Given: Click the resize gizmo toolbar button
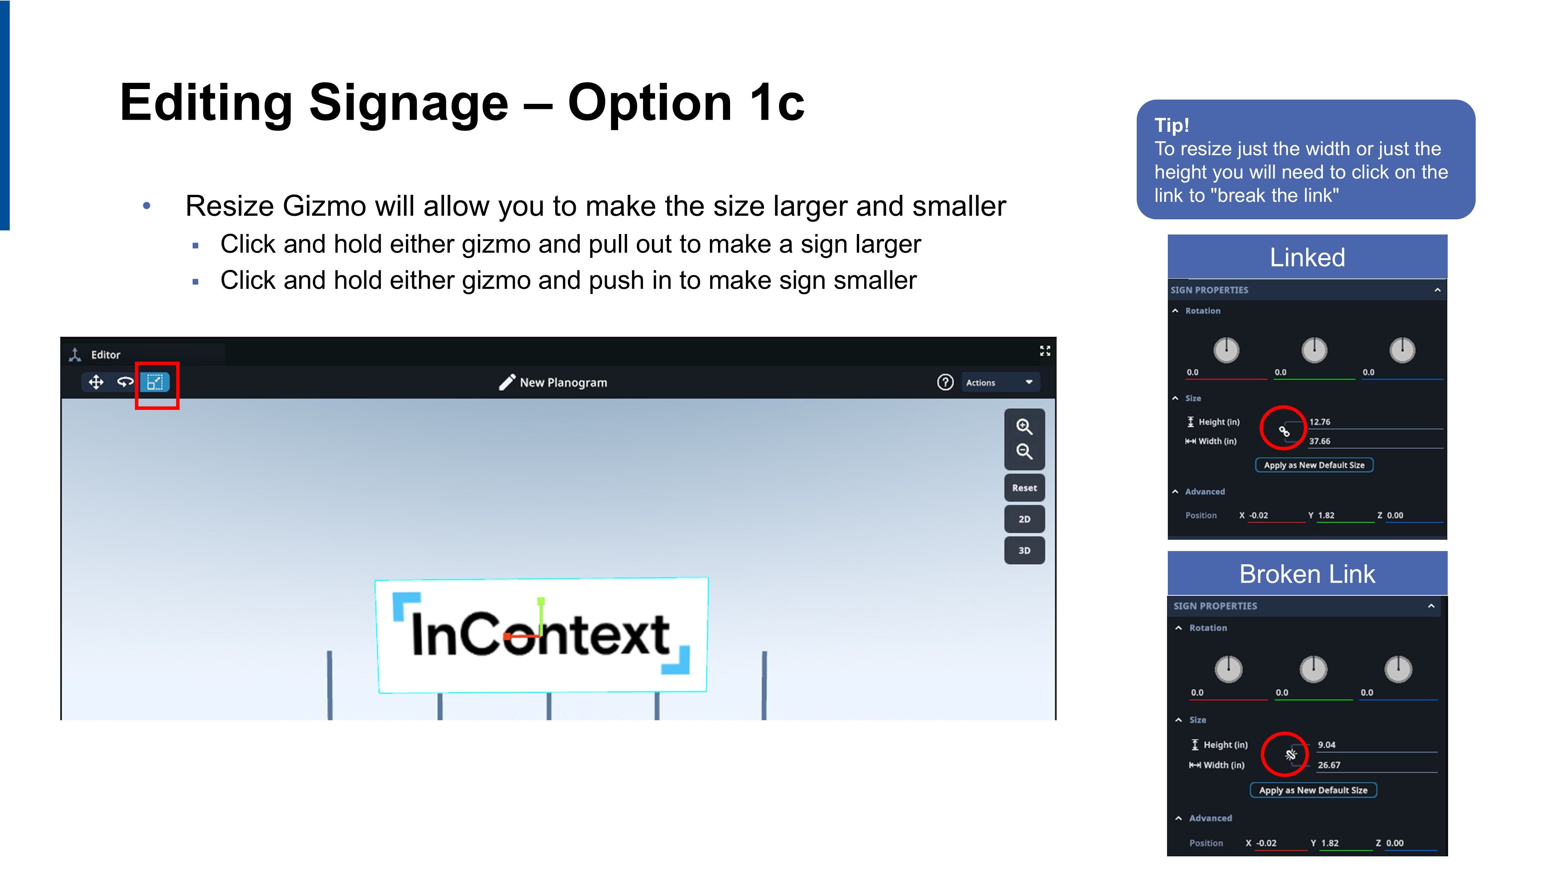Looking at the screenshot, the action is [x=155, y=382].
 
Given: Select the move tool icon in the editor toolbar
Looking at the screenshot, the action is [x=96, y=382].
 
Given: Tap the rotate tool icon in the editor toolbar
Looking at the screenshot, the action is [x=125, y=382].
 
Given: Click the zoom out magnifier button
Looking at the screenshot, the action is [x=1024, y=451].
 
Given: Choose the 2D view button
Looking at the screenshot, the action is [x=1024, y=519].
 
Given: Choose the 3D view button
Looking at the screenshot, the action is [x=1024, y=551].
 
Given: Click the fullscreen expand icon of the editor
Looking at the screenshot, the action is [x=1045, y=351].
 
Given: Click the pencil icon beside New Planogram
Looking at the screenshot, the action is [x=507, y=382].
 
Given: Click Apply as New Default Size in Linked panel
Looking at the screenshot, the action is [x=1314, y=465].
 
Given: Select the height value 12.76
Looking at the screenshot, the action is [x=1319, y=422].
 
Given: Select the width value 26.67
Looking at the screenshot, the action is [x=1329, y=765].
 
